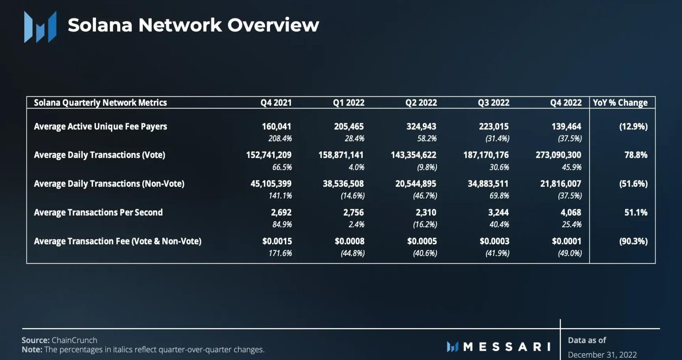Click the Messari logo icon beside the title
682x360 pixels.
click(x=40, y=27)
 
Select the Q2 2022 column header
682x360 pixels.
click(x=421, y=103)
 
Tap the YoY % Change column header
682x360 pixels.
click(x=620, y=103)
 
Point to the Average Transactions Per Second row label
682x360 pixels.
click(x=98, y=212)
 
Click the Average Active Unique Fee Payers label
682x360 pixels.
click(x=100, y=126)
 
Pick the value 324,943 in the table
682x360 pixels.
click(x=421, y=126)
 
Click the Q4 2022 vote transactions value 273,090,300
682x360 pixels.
click(x=558, y=155)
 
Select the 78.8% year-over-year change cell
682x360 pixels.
click(x=635, y=155)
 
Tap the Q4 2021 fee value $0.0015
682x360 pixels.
click(x=277, y=241)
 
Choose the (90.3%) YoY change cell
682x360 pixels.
click(x=633, y=241)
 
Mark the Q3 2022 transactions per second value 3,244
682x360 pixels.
click(x=498, y=212)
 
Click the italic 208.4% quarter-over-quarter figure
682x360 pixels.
click(x=280, y=139)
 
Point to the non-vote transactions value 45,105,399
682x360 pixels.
click(x=271, y=184)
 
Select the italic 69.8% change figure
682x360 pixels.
click(x=499, y=196)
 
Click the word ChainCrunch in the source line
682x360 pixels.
click(x=74, y=340)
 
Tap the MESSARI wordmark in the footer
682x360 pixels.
click(x=507, y=347)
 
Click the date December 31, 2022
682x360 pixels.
click(x=602, y=354)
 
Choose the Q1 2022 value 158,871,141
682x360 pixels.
click(x=341, y=155)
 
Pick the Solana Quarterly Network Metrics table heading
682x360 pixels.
click(x=100, y=103)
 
